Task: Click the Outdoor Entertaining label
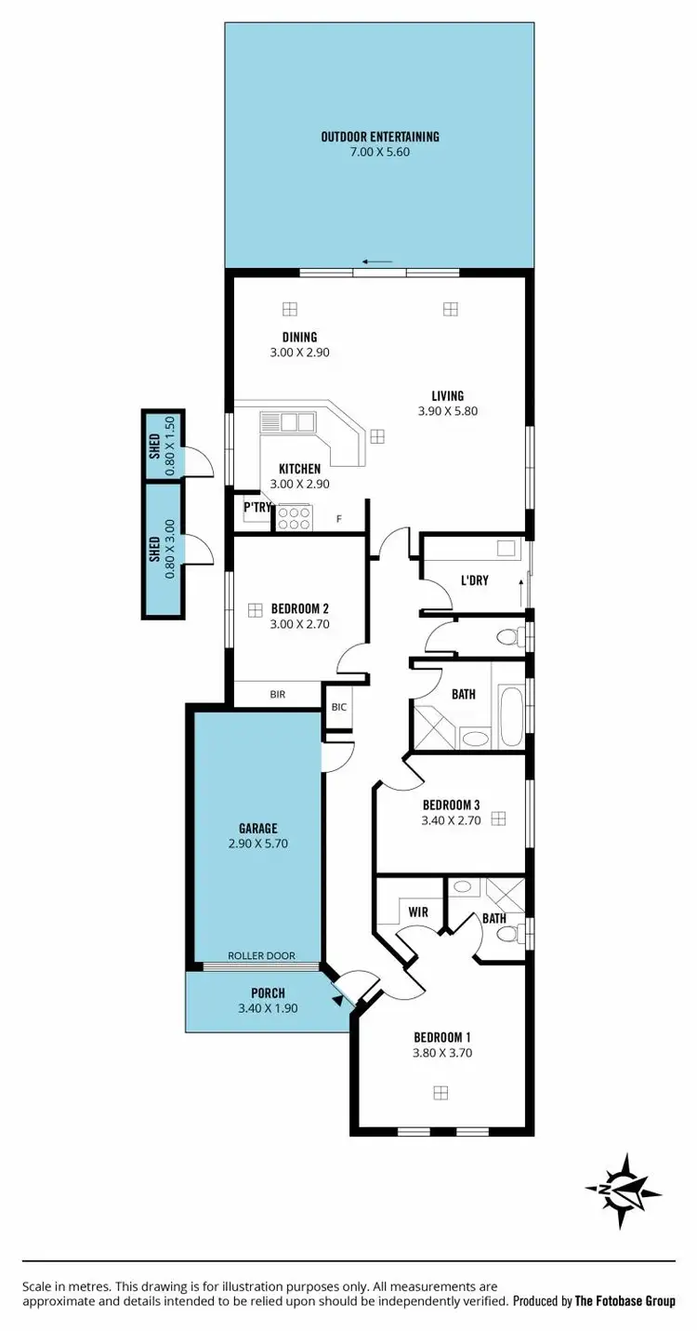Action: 379,137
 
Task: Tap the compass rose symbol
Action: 624,1189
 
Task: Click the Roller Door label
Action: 261,956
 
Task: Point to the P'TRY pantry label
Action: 256,507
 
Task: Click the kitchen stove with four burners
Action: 294,517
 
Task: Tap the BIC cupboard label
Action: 338,707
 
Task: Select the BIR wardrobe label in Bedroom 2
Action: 277,694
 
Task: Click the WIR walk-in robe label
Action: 418,912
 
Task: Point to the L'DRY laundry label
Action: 475,581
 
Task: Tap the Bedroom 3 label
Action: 451,805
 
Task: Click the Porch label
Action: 268,992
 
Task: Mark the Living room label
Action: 447,395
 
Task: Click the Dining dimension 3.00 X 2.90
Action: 300,353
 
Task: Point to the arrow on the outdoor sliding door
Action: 377,261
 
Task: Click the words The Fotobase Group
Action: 625,1301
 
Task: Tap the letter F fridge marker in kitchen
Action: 339,518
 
